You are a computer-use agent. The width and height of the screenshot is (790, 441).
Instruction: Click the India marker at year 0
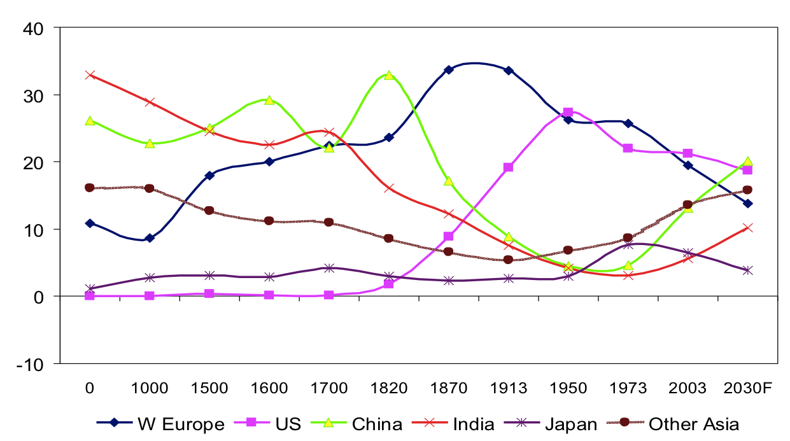point(90,74)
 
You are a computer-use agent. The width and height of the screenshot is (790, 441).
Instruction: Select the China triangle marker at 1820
point(388,75)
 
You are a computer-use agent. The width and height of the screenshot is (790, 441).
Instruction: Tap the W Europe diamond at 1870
point(448,69)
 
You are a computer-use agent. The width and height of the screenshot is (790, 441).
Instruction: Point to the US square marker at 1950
point(568,113)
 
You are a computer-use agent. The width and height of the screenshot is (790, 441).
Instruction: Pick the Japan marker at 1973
point(628,244)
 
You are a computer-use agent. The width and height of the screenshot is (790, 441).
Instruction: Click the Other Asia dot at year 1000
point(150,188)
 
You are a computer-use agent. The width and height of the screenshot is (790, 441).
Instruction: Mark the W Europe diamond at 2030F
point(747,203)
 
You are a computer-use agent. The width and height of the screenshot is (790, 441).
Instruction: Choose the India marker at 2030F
point(747,228)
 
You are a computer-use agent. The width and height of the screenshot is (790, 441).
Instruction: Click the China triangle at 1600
point(269,100)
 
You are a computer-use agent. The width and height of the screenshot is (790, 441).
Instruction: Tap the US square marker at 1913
point(508,167)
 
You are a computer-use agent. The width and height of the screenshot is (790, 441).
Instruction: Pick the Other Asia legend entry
point(674,424)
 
